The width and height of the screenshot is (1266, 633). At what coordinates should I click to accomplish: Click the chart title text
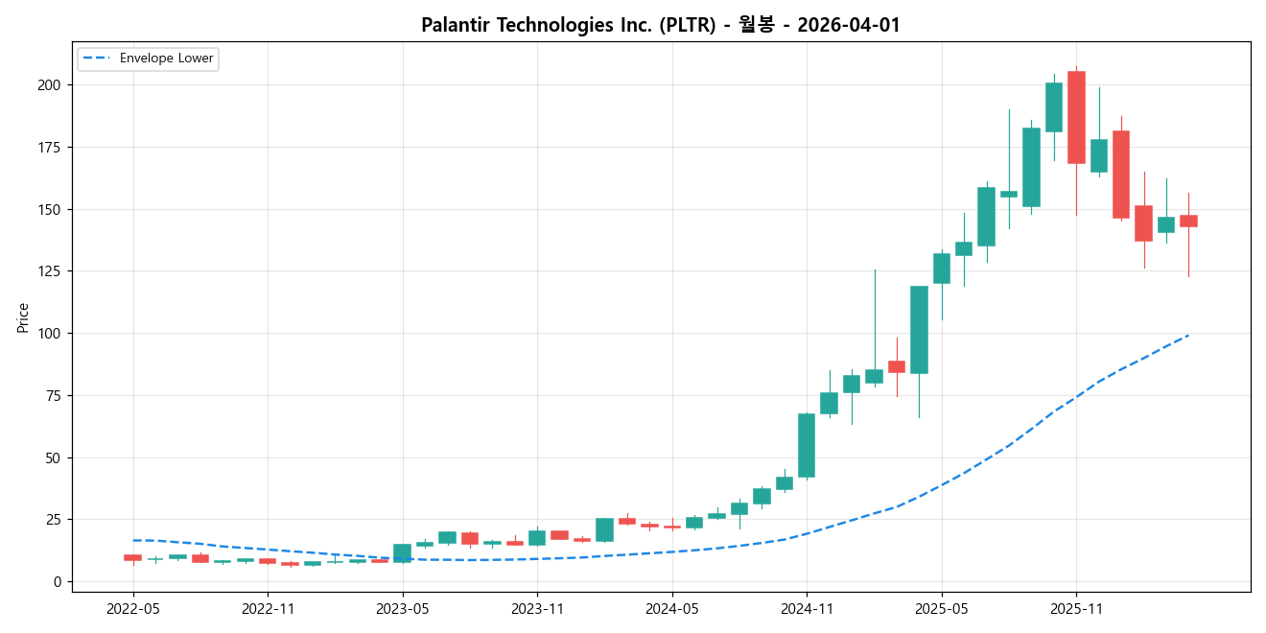(661, 26)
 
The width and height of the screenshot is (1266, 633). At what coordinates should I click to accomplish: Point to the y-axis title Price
(22, 316)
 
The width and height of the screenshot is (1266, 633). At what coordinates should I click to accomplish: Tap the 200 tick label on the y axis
(51, 85)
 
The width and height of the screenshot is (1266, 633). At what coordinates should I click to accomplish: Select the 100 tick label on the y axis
(51, 334)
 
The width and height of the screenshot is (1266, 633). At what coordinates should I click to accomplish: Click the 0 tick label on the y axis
(58, 582)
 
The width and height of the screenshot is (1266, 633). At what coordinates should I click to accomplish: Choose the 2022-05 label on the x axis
(132, 608)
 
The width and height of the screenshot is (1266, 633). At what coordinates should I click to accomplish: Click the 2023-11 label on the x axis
(537, 608)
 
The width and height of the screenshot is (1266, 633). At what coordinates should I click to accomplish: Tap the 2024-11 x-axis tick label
(807, 608)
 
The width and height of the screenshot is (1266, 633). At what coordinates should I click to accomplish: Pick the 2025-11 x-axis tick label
(1076, 608)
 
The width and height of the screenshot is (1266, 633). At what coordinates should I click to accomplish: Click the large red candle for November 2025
(1076, 117)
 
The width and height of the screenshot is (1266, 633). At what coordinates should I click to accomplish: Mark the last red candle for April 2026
(1188, 221)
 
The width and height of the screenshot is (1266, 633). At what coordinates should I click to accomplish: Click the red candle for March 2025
(897, 366)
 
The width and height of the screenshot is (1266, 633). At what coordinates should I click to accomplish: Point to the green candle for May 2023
(402, 552)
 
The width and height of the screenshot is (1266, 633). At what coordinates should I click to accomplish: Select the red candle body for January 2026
(1121, 175)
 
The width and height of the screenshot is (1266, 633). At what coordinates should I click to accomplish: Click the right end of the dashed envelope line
(1188, 335)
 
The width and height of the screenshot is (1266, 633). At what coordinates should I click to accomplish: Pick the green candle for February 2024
(604, 529)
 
